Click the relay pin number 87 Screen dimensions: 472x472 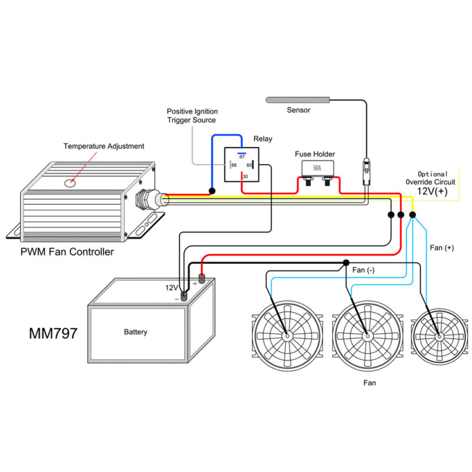pos(242,156)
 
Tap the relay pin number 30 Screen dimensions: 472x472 pos(245,176)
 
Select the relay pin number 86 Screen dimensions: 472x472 pos(234,166)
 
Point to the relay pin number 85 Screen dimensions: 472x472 pos(250,166)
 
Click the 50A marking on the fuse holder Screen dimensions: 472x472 pos(317,168)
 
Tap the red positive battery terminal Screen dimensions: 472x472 pos(201,279)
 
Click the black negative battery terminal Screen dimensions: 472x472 pos(184,296)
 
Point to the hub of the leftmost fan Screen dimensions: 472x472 pos(287,335)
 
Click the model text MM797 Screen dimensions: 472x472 pos(53,333)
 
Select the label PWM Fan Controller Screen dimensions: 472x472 pos(67,253)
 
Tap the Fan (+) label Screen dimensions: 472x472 pos(442,248)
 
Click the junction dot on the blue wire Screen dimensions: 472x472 pos(211,191)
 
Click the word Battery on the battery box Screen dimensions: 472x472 pos(136,332)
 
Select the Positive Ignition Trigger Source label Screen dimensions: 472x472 pos(192,115)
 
